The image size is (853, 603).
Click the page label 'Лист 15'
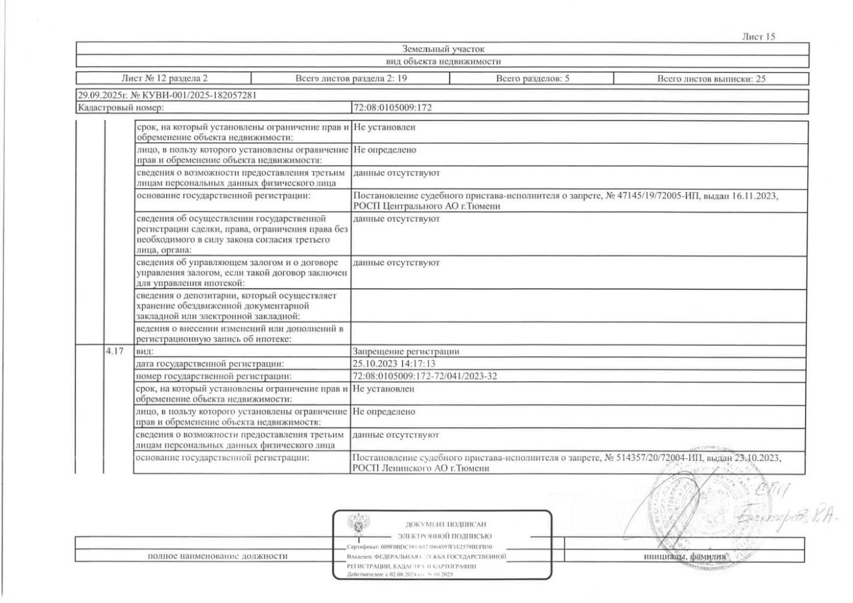click(758, 37)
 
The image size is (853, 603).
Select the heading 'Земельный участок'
click(442, 49)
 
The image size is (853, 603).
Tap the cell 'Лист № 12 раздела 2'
click(164, 79)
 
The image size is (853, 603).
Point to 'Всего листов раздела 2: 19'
click(350, 79)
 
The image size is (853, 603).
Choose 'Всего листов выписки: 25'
click(711, 79)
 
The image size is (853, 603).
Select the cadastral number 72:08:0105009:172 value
click(394, 107)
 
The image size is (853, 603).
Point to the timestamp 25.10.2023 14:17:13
click(393, 364)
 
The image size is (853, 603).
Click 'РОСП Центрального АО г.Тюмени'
click(426, 207)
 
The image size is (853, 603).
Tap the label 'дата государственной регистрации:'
click(210, 364)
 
